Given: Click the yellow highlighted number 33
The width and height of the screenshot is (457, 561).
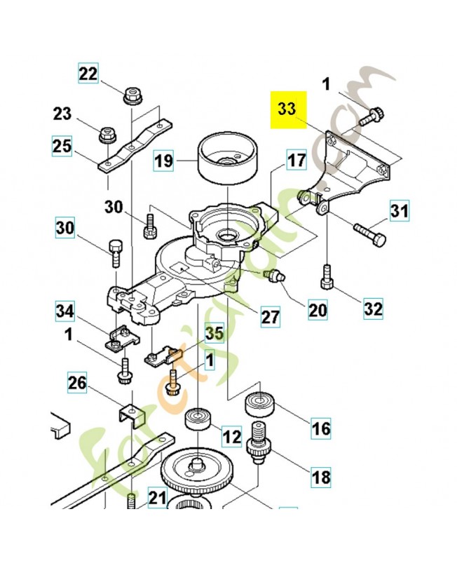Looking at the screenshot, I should (287, 109).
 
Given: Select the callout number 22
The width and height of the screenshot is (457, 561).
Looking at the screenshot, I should (88, 72).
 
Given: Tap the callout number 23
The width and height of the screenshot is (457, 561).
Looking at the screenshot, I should (62, 114).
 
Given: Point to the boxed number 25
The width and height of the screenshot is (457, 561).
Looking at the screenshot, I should (62, 146).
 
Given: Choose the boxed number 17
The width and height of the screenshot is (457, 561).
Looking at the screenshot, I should (296, 161).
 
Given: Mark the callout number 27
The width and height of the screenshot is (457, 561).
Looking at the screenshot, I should (271, 316).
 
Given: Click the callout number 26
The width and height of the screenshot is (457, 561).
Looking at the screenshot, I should (79, 383).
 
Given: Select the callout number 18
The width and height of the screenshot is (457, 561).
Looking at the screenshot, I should (320, 478).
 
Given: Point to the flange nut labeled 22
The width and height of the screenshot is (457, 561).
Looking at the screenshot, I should (131, 94).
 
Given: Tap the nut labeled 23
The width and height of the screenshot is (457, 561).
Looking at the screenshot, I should (107, 133).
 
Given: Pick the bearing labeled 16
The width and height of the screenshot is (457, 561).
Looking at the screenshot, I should (259, 406).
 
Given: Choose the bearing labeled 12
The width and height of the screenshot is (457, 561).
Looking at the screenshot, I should (197, 424).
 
